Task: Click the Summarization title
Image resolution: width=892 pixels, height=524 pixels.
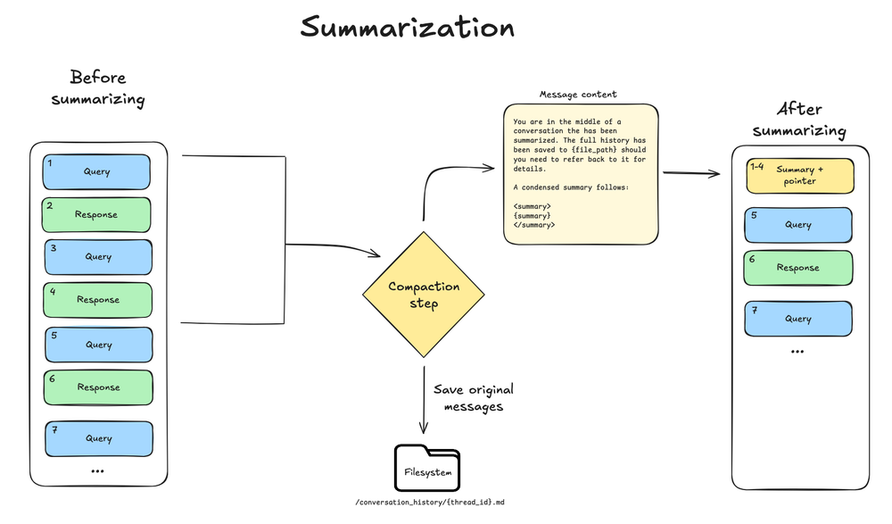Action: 408,27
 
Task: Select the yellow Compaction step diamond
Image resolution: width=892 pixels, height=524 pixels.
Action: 424,295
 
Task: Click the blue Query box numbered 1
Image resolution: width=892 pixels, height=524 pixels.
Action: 96,171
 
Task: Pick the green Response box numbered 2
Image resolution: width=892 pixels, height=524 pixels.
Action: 96,214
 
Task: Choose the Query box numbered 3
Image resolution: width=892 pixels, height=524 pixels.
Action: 98,256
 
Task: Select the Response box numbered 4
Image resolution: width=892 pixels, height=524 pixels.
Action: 97,300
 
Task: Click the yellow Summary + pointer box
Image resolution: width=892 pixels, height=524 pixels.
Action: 800,176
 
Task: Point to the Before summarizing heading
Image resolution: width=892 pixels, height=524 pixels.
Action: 97,87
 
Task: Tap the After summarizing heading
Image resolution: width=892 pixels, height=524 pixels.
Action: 798,120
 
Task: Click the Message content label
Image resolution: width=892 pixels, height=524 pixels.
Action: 577,95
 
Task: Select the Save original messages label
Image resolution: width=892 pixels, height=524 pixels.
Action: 474,398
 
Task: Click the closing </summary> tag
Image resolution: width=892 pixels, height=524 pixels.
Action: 533,225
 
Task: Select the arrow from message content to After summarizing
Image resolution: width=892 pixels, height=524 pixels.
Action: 691,173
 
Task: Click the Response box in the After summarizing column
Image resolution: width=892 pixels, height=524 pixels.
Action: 797,268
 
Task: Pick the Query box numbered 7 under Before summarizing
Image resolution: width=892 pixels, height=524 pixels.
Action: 98,438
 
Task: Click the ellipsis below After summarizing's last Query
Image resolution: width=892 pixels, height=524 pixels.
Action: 797,352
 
